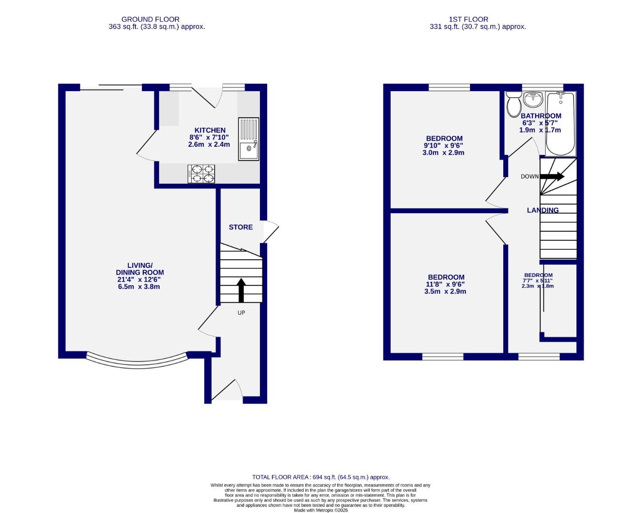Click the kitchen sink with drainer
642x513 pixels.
[249, 139]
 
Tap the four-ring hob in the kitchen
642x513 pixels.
[201, 173]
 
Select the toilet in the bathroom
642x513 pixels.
[513, 104]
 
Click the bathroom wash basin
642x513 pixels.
[534, 100]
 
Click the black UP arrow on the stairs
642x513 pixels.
[241, 290]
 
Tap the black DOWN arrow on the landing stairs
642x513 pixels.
[552, 176]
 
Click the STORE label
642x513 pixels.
[240, 227]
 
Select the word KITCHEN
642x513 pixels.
[210, 130]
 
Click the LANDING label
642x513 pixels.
[543, 210]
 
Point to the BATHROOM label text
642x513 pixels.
[541, 116]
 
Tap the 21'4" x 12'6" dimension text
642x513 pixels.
[140, 280]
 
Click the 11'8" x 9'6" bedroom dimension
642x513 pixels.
[446, 284]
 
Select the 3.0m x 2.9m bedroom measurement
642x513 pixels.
[443, 152]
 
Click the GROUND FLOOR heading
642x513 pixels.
[150, 19]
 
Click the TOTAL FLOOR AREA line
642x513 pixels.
[321, 477]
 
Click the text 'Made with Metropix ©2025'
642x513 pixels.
[321, 510]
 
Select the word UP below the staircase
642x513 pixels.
[241, 313]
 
